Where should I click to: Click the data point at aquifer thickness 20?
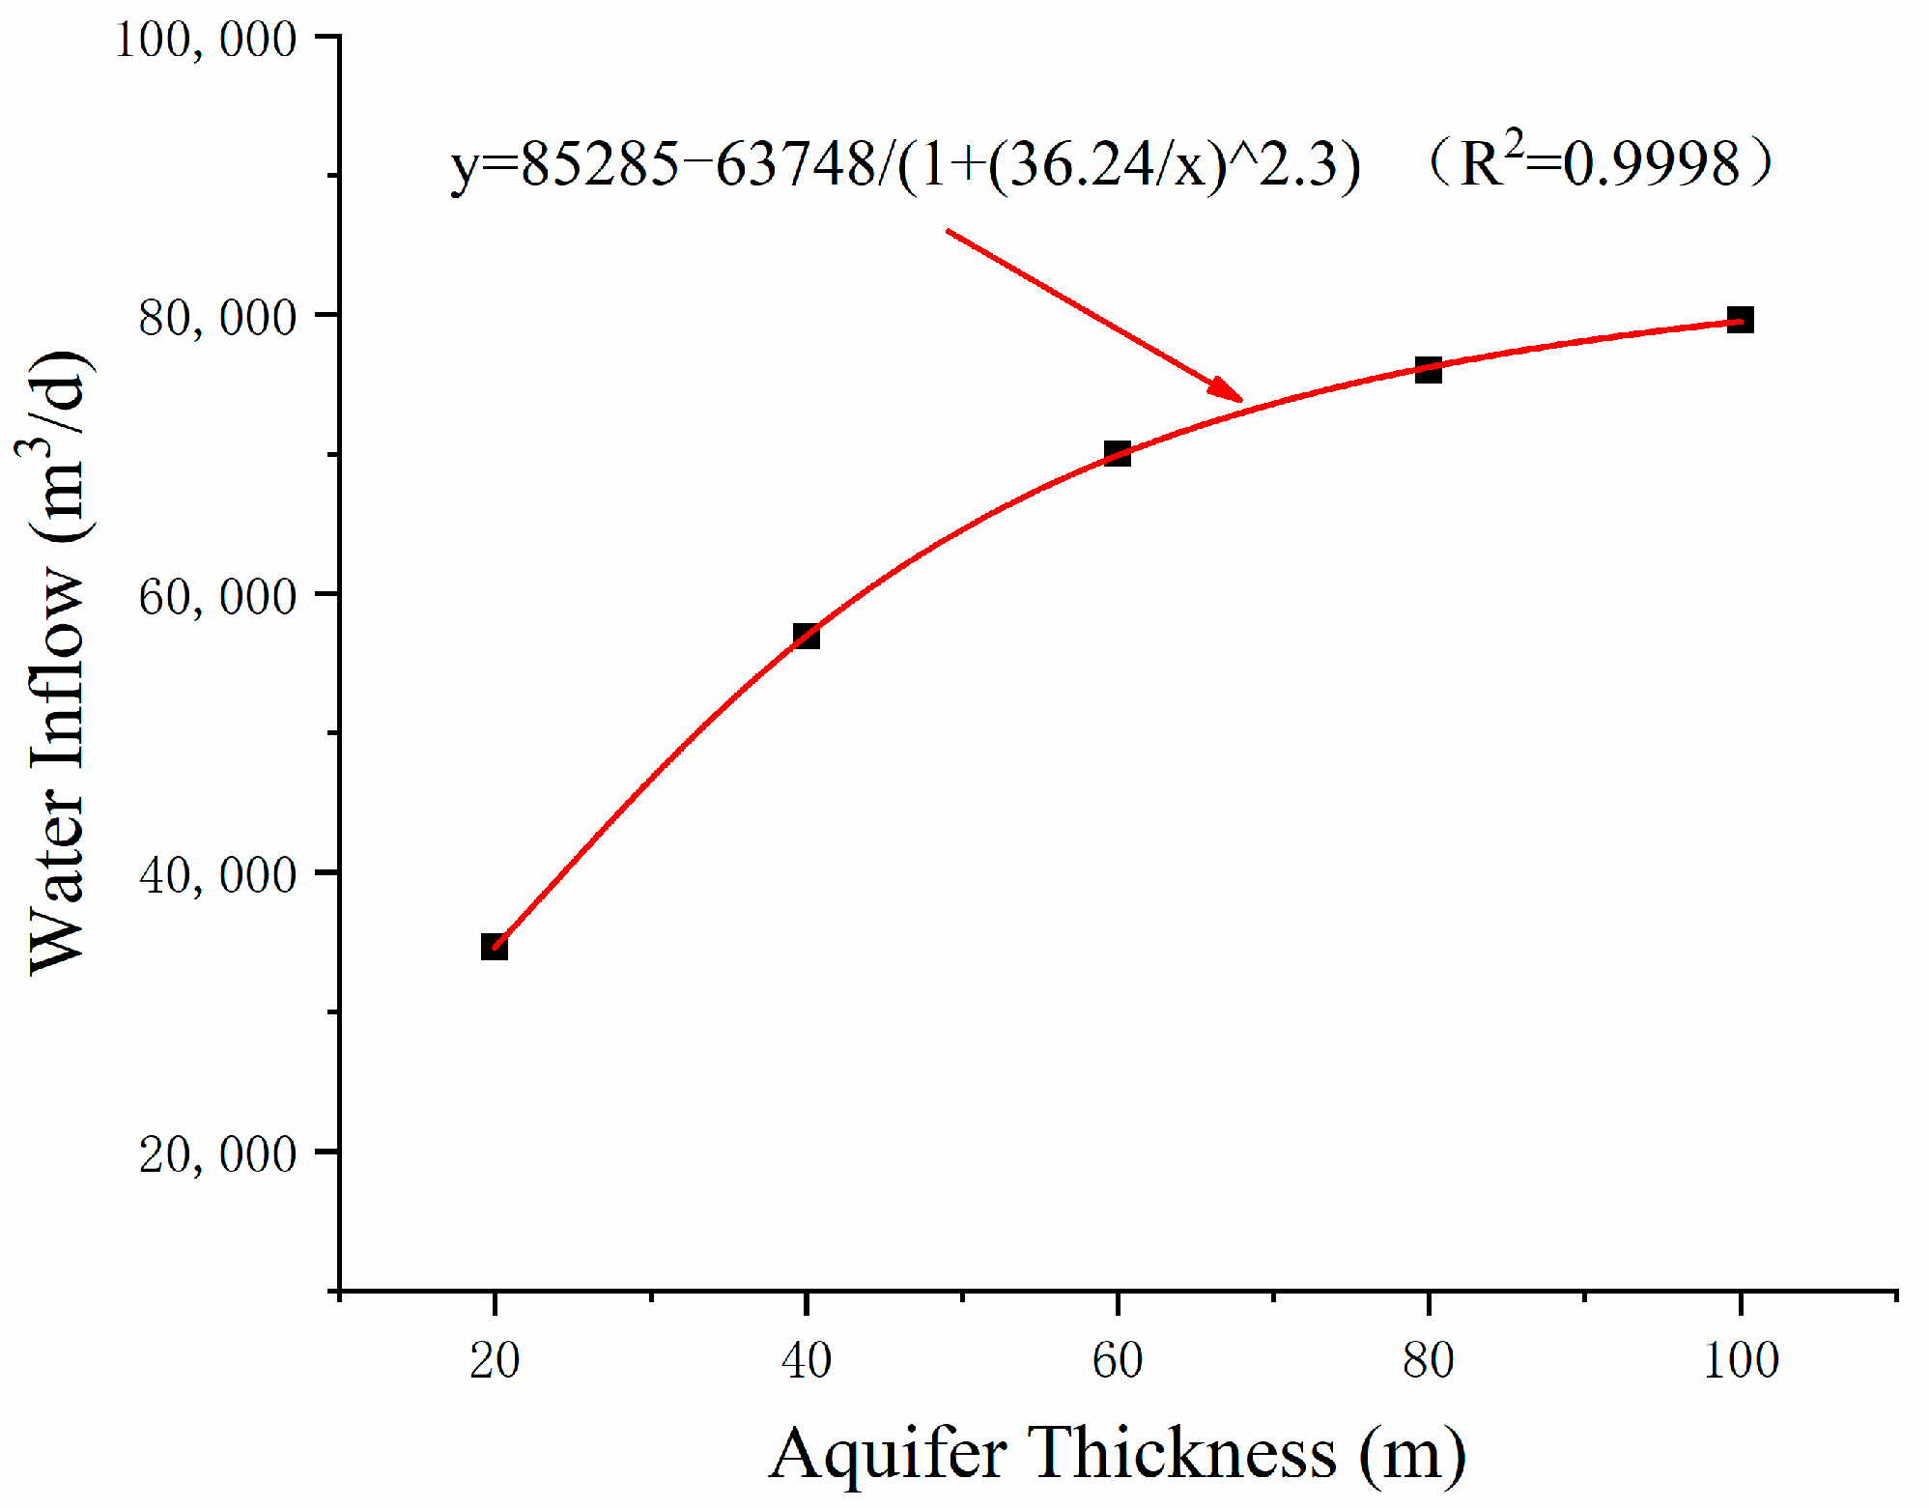click(x=494, y=947)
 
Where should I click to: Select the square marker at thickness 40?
click(x=806, y=636)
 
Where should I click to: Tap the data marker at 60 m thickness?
click(x=1117, y=453)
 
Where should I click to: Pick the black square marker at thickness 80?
click(x=1428, y=369)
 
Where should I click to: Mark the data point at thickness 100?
click(x=1740, y=320)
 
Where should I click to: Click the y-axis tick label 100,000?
click(x=205, y=41)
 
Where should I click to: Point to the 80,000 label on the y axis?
click(x=217, y=318)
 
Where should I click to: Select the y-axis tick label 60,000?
click(x=217, y=596)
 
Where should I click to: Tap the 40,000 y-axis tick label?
click(x=217, y=875)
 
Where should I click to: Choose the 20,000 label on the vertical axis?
click(x=217, y=1153)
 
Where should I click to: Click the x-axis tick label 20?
click(x=495, y=1361)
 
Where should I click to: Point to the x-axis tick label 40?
click(x=806, y=1361)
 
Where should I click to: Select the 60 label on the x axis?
click(x=1117, y=1361)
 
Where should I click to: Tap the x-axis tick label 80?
click(x=1428, y=1361)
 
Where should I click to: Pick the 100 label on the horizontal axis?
click(x=1740, y=1361)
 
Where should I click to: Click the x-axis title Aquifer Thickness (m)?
click(x=1117, y=1453)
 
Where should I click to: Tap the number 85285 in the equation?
click(x=600, y=164)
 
